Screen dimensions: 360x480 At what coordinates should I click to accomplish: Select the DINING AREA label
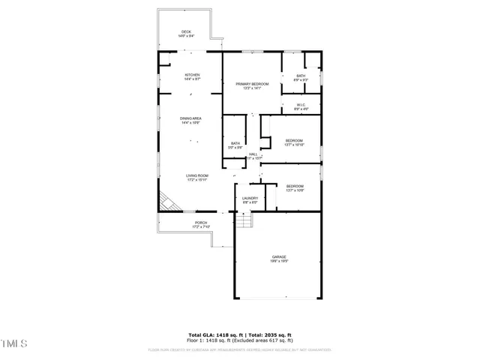(190, 120)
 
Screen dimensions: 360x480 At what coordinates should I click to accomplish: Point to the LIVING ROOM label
(196, 177)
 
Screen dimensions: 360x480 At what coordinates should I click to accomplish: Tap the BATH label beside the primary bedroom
(300, 76)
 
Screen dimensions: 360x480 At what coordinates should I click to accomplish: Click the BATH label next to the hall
(235, 145)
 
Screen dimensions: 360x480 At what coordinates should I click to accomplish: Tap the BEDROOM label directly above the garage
(295, 187)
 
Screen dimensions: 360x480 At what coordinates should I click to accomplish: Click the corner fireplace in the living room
(166, 202)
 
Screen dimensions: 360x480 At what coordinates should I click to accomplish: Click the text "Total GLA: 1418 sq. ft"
(214, 334)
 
